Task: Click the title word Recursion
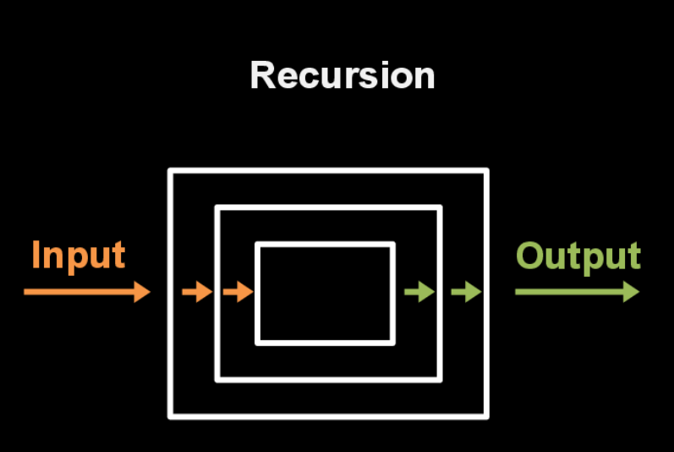tap(342, 75)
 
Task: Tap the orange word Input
tap(78, 255)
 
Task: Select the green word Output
tap(578, 256)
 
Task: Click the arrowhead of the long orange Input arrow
tap(141, 292)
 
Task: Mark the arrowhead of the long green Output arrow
tap(631, 292)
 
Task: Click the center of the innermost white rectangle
tap(326, 294)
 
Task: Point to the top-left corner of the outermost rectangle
tap(171, 172)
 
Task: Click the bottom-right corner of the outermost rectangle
tap(486, 416)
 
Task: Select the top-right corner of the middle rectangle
tap(440, 208)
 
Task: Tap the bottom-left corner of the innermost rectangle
tap(258, 342)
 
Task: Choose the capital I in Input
tap(36, 255)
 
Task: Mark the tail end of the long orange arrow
tap(26, 292)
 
